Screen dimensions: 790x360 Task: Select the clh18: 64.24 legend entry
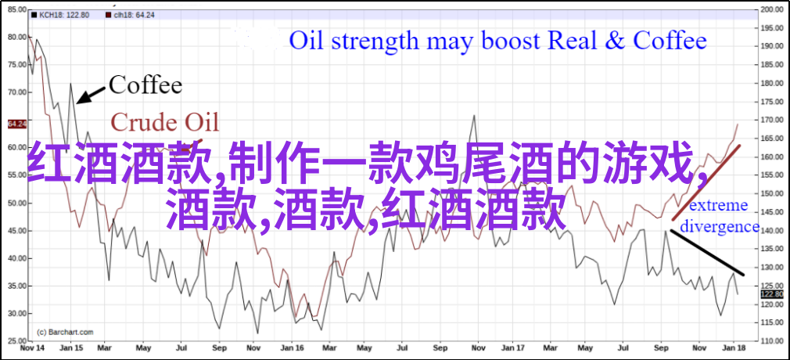point(131,15)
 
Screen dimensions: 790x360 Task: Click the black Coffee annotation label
point(145,85)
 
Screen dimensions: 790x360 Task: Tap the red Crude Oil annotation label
point(165,122)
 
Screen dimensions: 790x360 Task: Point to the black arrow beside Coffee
point(91,95)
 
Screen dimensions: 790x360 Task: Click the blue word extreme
point(718,206)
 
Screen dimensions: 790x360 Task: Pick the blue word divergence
point(719,227)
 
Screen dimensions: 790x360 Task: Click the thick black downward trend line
point(707,253)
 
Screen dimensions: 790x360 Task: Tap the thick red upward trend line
point(706,182)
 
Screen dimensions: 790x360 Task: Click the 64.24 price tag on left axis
point(17,124)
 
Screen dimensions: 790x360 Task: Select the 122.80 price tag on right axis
point(772,294)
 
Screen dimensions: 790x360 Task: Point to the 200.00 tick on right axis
point(772,9)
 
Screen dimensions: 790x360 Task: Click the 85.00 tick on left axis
point(17,9)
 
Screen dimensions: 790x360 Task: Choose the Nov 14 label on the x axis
point(30,348)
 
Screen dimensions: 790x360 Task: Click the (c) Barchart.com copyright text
point(66,333)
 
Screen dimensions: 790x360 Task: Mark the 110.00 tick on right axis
point(772,341)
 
